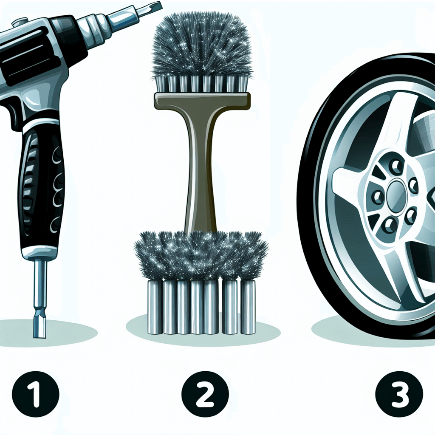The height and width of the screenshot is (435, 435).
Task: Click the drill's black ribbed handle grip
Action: click(42, 189)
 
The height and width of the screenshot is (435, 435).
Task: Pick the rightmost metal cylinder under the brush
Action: click(248, 307)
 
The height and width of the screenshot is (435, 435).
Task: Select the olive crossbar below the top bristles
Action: click(202, 100)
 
